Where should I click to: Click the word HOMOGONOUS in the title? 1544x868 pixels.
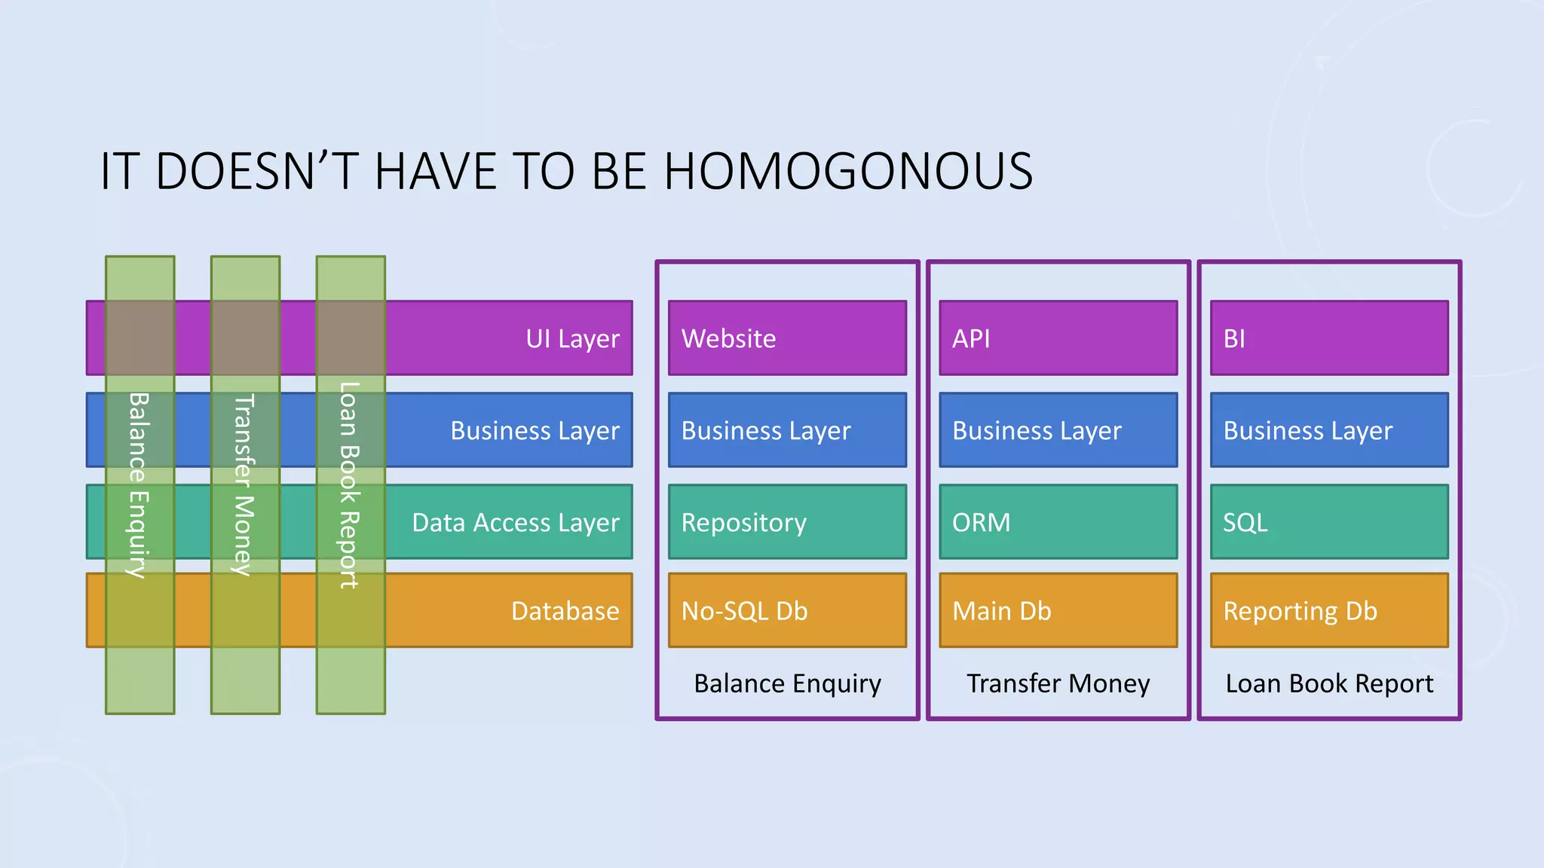[x=847, y=171]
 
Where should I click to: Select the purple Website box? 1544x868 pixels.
[x=787, y=338]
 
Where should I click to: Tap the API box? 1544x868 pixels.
[x=1058, y=338]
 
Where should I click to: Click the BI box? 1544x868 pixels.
[x=1328, y=338]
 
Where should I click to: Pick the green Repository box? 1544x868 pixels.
[x=787, y=522]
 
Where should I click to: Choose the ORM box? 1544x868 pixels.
[x=1058, y=522]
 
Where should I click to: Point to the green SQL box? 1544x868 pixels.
[x=1328, y=522]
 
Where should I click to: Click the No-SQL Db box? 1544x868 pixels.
[x=787, y=610]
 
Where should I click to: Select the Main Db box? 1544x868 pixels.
[x=1058, y=610]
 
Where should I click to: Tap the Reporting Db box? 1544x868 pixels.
[x=1328, y=610]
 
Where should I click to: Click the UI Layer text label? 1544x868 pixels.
[x=572, y=339]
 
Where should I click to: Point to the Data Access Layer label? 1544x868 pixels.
[x=515, y=523]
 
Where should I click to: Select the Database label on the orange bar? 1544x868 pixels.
[x=565, y=611]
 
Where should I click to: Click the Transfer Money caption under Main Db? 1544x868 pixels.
[x=1058, y=683]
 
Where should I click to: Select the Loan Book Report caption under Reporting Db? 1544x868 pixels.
[x=1328, y=683]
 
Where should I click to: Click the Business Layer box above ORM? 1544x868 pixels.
[x=1058, y=430]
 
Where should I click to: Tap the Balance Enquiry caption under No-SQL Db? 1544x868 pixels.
[x=787, y=683]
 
